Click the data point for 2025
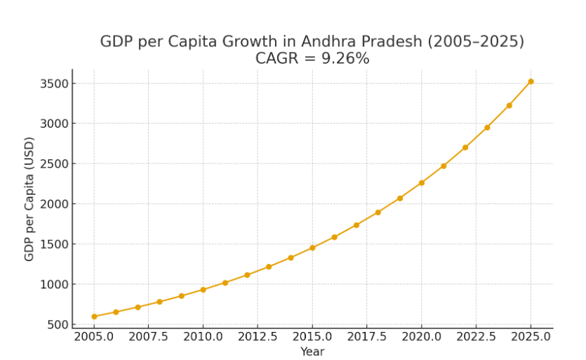[531, 81]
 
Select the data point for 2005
[94, 316]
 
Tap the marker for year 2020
[422, 182]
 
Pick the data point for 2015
[312, 248]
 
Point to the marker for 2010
[203, 289]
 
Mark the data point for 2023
[487, 128]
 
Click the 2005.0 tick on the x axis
[94, 336]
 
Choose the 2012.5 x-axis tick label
[258, 336]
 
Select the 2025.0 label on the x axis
[531, 336]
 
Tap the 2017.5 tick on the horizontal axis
[367, 336]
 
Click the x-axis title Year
[312, 352]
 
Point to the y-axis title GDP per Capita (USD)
[29, 199]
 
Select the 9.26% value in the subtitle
[345, 59]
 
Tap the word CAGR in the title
[276, 59]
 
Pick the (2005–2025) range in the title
[476, 41]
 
